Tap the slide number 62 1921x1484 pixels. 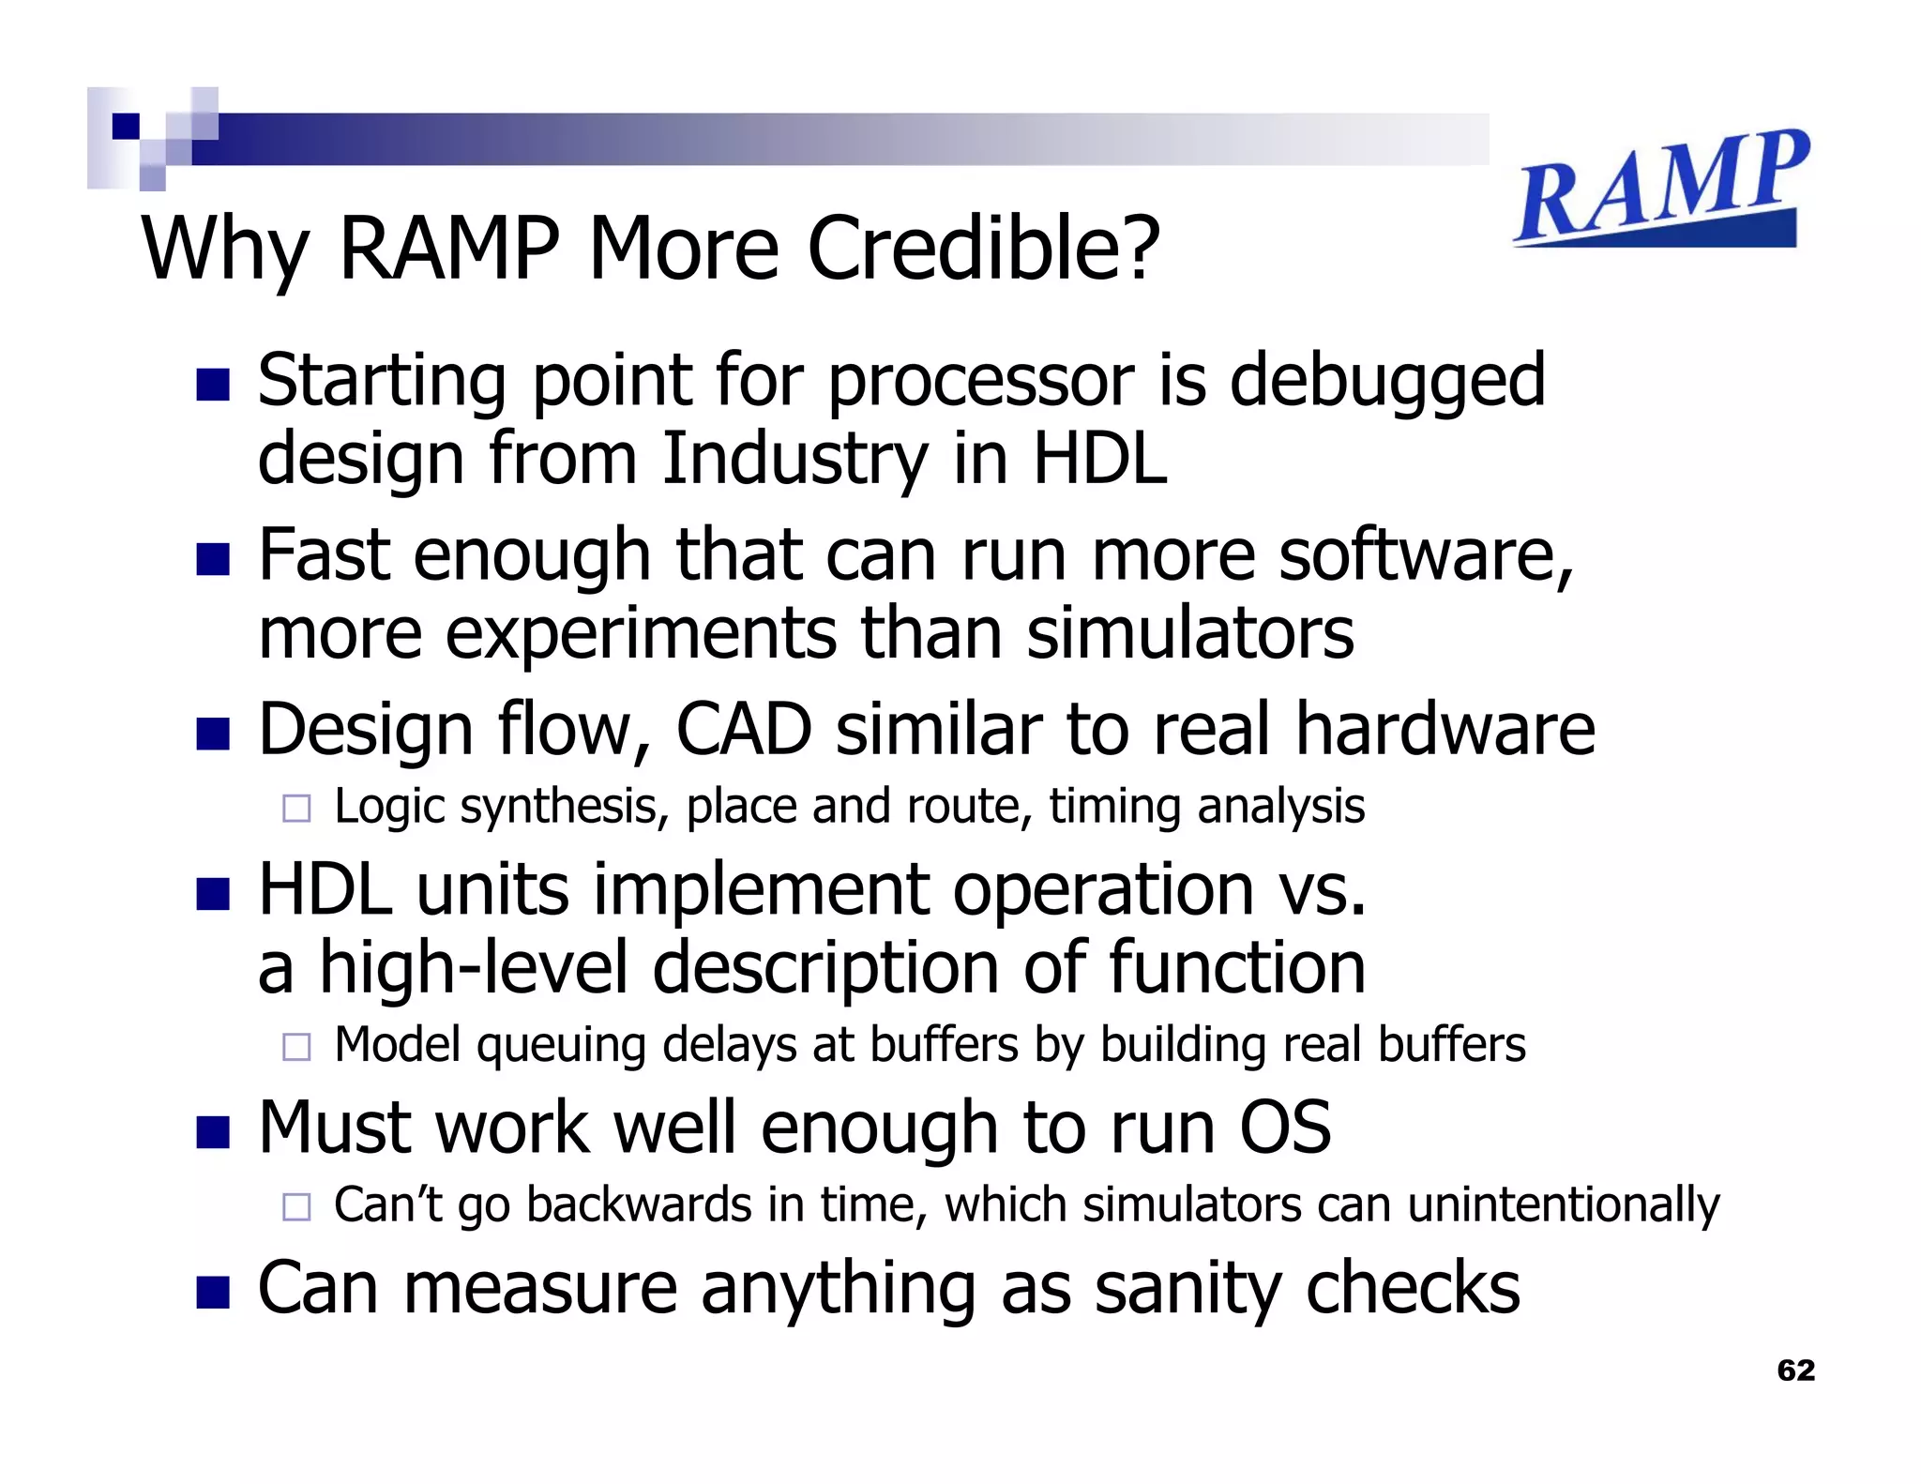1795,1370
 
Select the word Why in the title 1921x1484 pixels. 224,250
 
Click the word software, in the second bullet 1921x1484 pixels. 1426,554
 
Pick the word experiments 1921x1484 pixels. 641,633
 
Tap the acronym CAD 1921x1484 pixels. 743,729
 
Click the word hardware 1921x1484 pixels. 1445,729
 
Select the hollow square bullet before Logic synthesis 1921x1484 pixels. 296,809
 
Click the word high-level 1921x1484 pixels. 474,967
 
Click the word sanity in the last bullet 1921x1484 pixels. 1187,1288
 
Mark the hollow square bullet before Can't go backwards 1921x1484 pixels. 296,1206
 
